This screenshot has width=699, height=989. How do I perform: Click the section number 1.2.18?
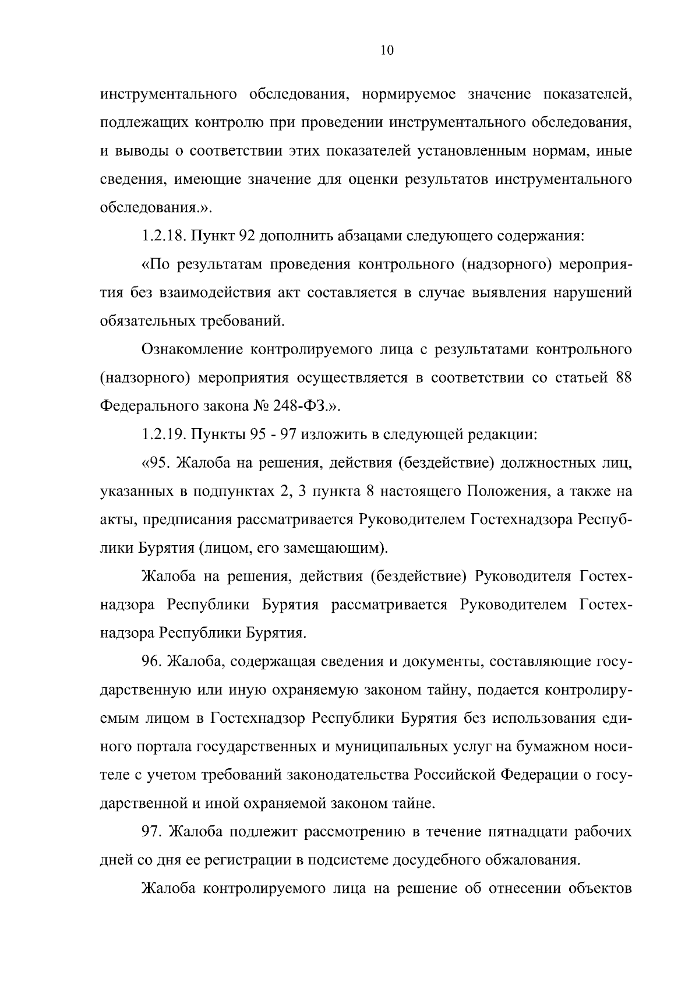161,236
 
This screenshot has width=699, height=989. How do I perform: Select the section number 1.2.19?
161,435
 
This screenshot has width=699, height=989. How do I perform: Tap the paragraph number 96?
153,662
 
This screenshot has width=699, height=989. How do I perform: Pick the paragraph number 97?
153,832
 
